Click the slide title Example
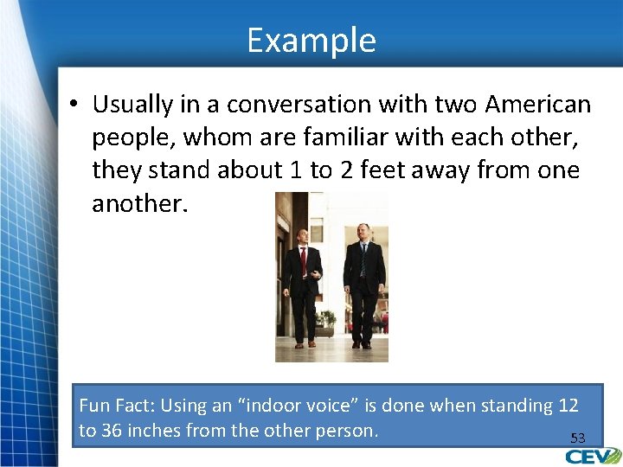[x=311, y=41]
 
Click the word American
[x=538, y=105]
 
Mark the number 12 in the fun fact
[x=568, y=405]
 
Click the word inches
[x=154, y=431]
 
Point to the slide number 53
[x=577, y=438]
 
